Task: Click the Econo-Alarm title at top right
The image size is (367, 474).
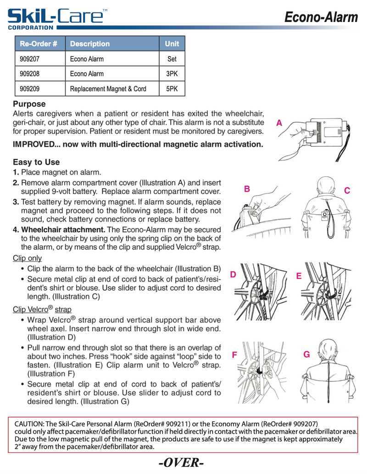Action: click(x=321, y=17)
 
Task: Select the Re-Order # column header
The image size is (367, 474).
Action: click(x=38, y=44)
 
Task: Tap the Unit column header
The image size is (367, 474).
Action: click(x=172, y=44)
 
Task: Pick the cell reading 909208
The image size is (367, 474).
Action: click(x=29, y=74)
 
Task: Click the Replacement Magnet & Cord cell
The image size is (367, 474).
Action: click(x=108, y=89)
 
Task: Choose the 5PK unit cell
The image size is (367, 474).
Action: click(x=172, y=89)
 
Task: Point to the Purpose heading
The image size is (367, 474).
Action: click(x=29, y=104)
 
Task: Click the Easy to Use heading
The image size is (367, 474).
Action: click(x=36, y=162)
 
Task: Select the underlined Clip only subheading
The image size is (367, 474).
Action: click(x=27, y=258)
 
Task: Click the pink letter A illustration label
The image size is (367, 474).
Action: click(x=279, y=123)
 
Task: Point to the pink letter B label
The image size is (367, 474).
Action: click(x=247, y=189)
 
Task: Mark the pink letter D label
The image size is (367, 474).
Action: click(x=233, y=274)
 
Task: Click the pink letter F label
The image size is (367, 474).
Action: click(x=234, y=355)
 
